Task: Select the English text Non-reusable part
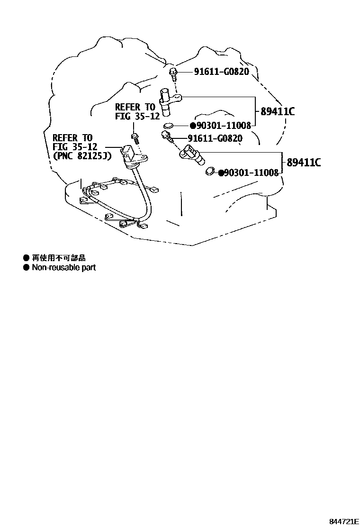[x=63, y=268]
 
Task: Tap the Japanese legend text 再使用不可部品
[x=59, y=258]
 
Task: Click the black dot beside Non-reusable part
[x=27, y=268]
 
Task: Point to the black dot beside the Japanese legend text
[x=27, y=258]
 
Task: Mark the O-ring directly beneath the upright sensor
[x=168, y=126]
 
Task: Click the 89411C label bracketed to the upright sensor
[x=278, y=112]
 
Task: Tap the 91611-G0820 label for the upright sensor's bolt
[x=221, y=72]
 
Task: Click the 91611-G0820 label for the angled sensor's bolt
[x=215, y=138]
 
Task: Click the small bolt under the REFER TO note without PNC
[x=135, y=138]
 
